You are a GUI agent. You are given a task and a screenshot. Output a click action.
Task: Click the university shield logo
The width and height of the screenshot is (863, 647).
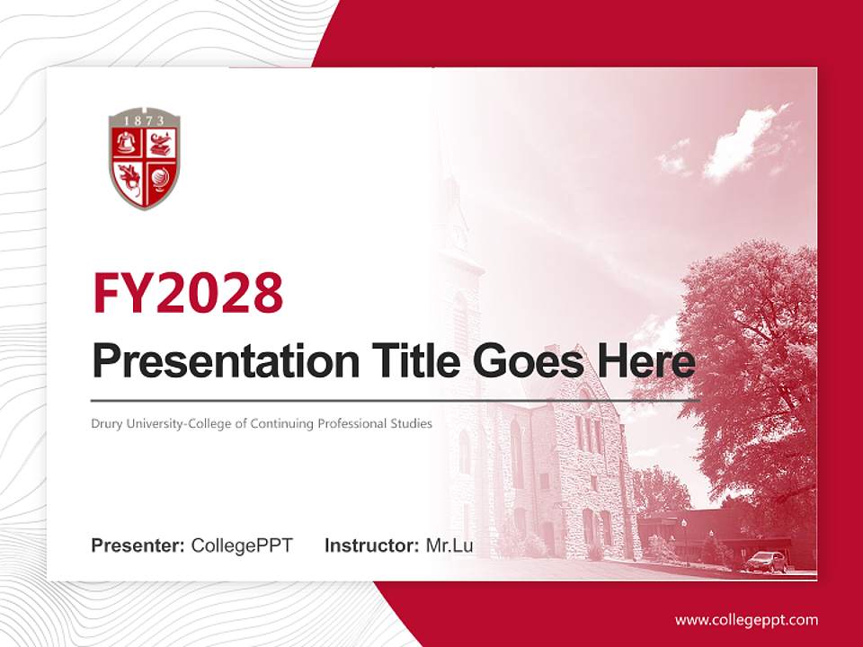click(144, 159)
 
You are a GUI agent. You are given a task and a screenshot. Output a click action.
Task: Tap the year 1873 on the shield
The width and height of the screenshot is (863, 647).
click(144, 120)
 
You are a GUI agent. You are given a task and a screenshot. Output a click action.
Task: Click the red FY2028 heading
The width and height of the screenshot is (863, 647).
click(188, 292)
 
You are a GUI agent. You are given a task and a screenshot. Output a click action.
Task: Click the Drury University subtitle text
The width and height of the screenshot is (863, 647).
click(262, 423)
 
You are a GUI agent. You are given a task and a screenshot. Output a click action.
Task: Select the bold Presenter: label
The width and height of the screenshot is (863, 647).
click(138, 545)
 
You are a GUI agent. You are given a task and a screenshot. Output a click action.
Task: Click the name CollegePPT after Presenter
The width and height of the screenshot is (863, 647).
click(242, 545)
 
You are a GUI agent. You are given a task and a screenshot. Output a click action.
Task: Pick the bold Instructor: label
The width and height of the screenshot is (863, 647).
click(371, 545)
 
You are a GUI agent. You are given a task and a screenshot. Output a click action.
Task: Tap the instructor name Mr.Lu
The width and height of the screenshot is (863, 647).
click(449, 545)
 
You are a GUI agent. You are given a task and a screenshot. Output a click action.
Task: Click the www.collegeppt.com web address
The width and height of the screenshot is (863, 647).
click(746, 620)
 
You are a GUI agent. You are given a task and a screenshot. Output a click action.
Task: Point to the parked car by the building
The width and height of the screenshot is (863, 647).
click(767, 562)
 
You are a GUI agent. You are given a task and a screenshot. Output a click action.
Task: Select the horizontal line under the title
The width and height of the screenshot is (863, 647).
click(396, 400)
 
